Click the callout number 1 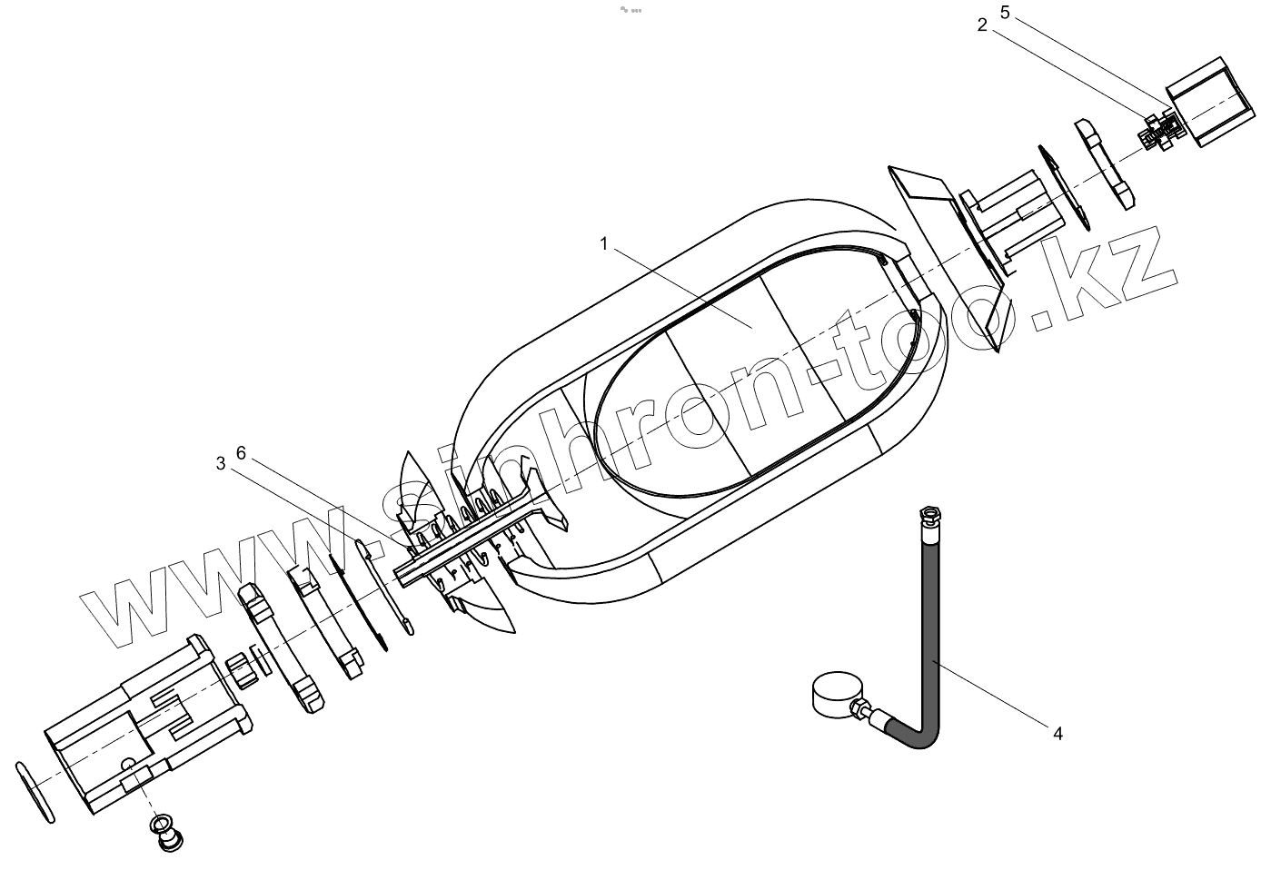click(604, 243)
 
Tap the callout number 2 click(982, 25)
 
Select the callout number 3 click(221, 464)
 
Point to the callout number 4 click(1057, 734)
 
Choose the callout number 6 click(241, 453)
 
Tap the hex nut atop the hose click(929, 514)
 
